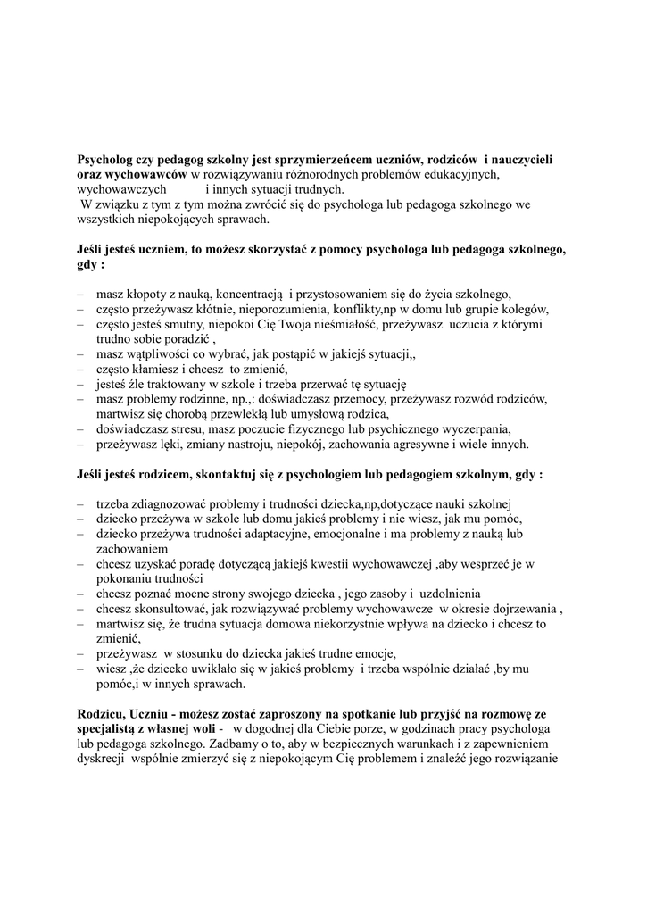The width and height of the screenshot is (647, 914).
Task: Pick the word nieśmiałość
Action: [343, 324]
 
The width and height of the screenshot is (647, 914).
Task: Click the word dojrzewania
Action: [521, 609]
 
